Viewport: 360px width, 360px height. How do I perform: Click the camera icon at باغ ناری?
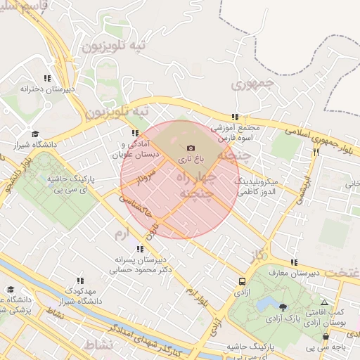(x=191, y=148)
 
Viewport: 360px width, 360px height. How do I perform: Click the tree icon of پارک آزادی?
(x=283, y=307)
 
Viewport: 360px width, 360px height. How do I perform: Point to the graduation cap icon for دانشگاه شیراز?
(x=35, y=134)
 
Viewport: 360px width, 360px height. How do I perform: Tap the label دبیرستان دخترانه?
(x=47, y=90)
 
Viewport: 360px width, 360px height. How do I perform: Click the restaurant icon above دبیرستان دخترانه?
(x=47, y=78)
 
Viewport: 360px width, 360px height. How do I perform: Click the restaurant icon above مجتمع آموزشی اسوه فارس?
(x=235, y=117)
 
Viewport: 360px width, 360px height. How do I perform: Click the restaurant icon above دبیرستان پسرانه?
(x=141, y=248)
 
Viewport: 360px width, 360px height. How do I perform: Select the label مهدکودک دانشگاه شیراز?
(x=78, y=296)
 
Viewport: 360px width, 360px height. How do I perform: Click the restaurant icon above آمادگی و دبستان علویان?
(x=135, y=133)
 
